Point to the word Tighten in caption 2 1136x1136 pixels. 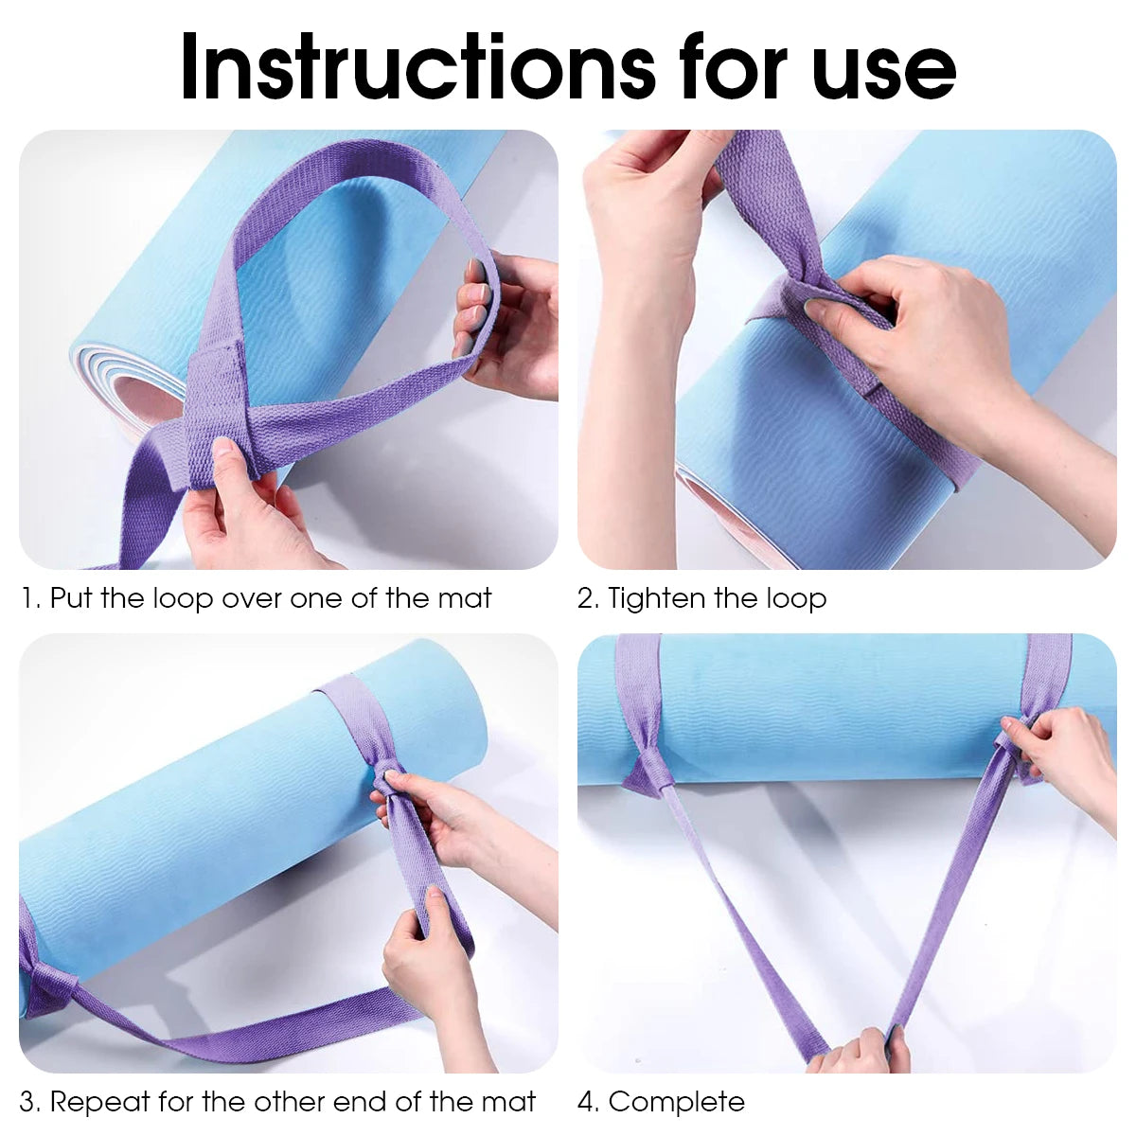point(657,599)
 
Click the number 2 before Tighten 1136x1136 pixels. point(587,598)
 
